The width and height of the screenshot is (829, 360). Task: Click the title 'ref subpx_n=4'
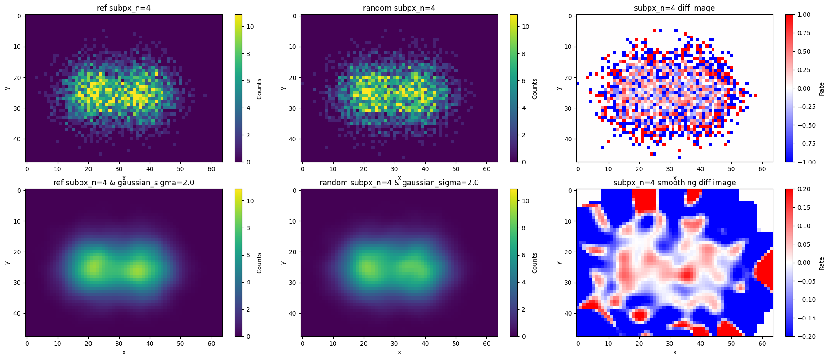(x=124, y=8)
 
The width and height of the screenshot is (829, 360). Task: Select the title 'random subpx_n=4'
(x=399, y=8)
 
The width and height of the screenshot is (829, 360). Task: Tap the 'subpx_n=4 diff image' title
(x=674, y=8)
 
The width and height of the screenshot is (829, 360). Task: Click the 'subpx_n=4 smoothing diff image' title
(x=674, y=183)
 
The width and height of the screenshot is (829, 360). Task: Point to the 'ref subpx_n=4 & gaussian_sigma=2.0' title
(x=124, y=183)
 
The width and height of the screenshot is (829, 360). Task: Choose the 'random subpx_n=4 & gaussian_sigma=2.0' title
(x=399, y=183)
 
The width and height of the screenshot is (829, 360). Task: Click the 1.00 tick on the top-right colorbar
(x=804, y=15)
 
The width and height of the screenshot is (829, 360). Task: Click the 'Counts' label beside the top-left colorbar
(x=259, y=88)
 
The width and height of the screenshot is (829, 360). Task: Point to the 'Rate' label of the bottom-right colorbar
(x=822, y=263)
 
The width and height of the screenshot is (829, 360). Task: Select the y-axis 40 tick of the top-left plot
(x=19, y=139)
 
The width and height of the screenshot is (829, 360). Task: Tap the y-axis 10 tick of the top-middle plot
(x=295, y=47)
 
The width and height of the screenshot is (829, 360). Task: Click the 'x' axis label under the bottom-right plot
(x=674, y=352)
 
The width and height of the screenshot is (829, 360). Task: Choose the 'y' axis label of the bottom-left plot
(x=7, y=263)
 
